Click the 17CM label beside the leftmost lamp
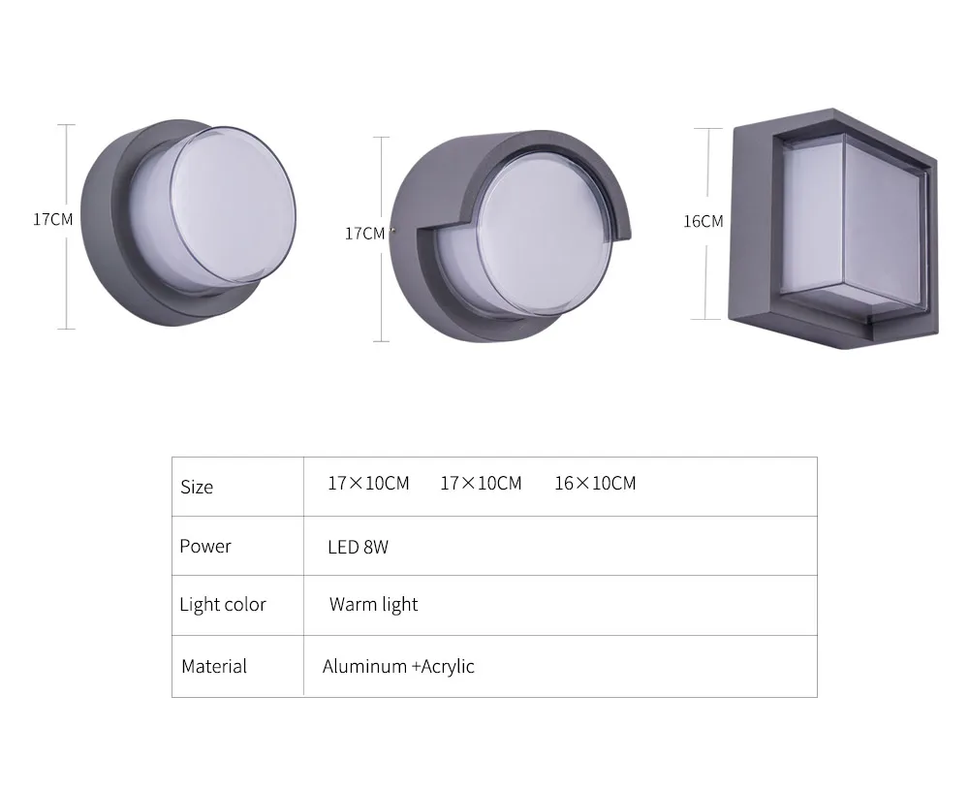point(52,219)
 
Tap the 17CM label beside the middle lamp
point(364,234)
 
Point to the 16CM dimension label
point(703,221)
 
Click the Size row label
point(197,488)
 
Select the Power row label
point(205,546)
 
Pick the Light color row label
point(223,604)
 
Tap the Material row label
point(214,666)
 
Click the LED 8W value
point(358,547)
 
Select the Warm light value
point(373,604)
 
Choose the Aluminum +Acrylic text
point(398,666)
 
